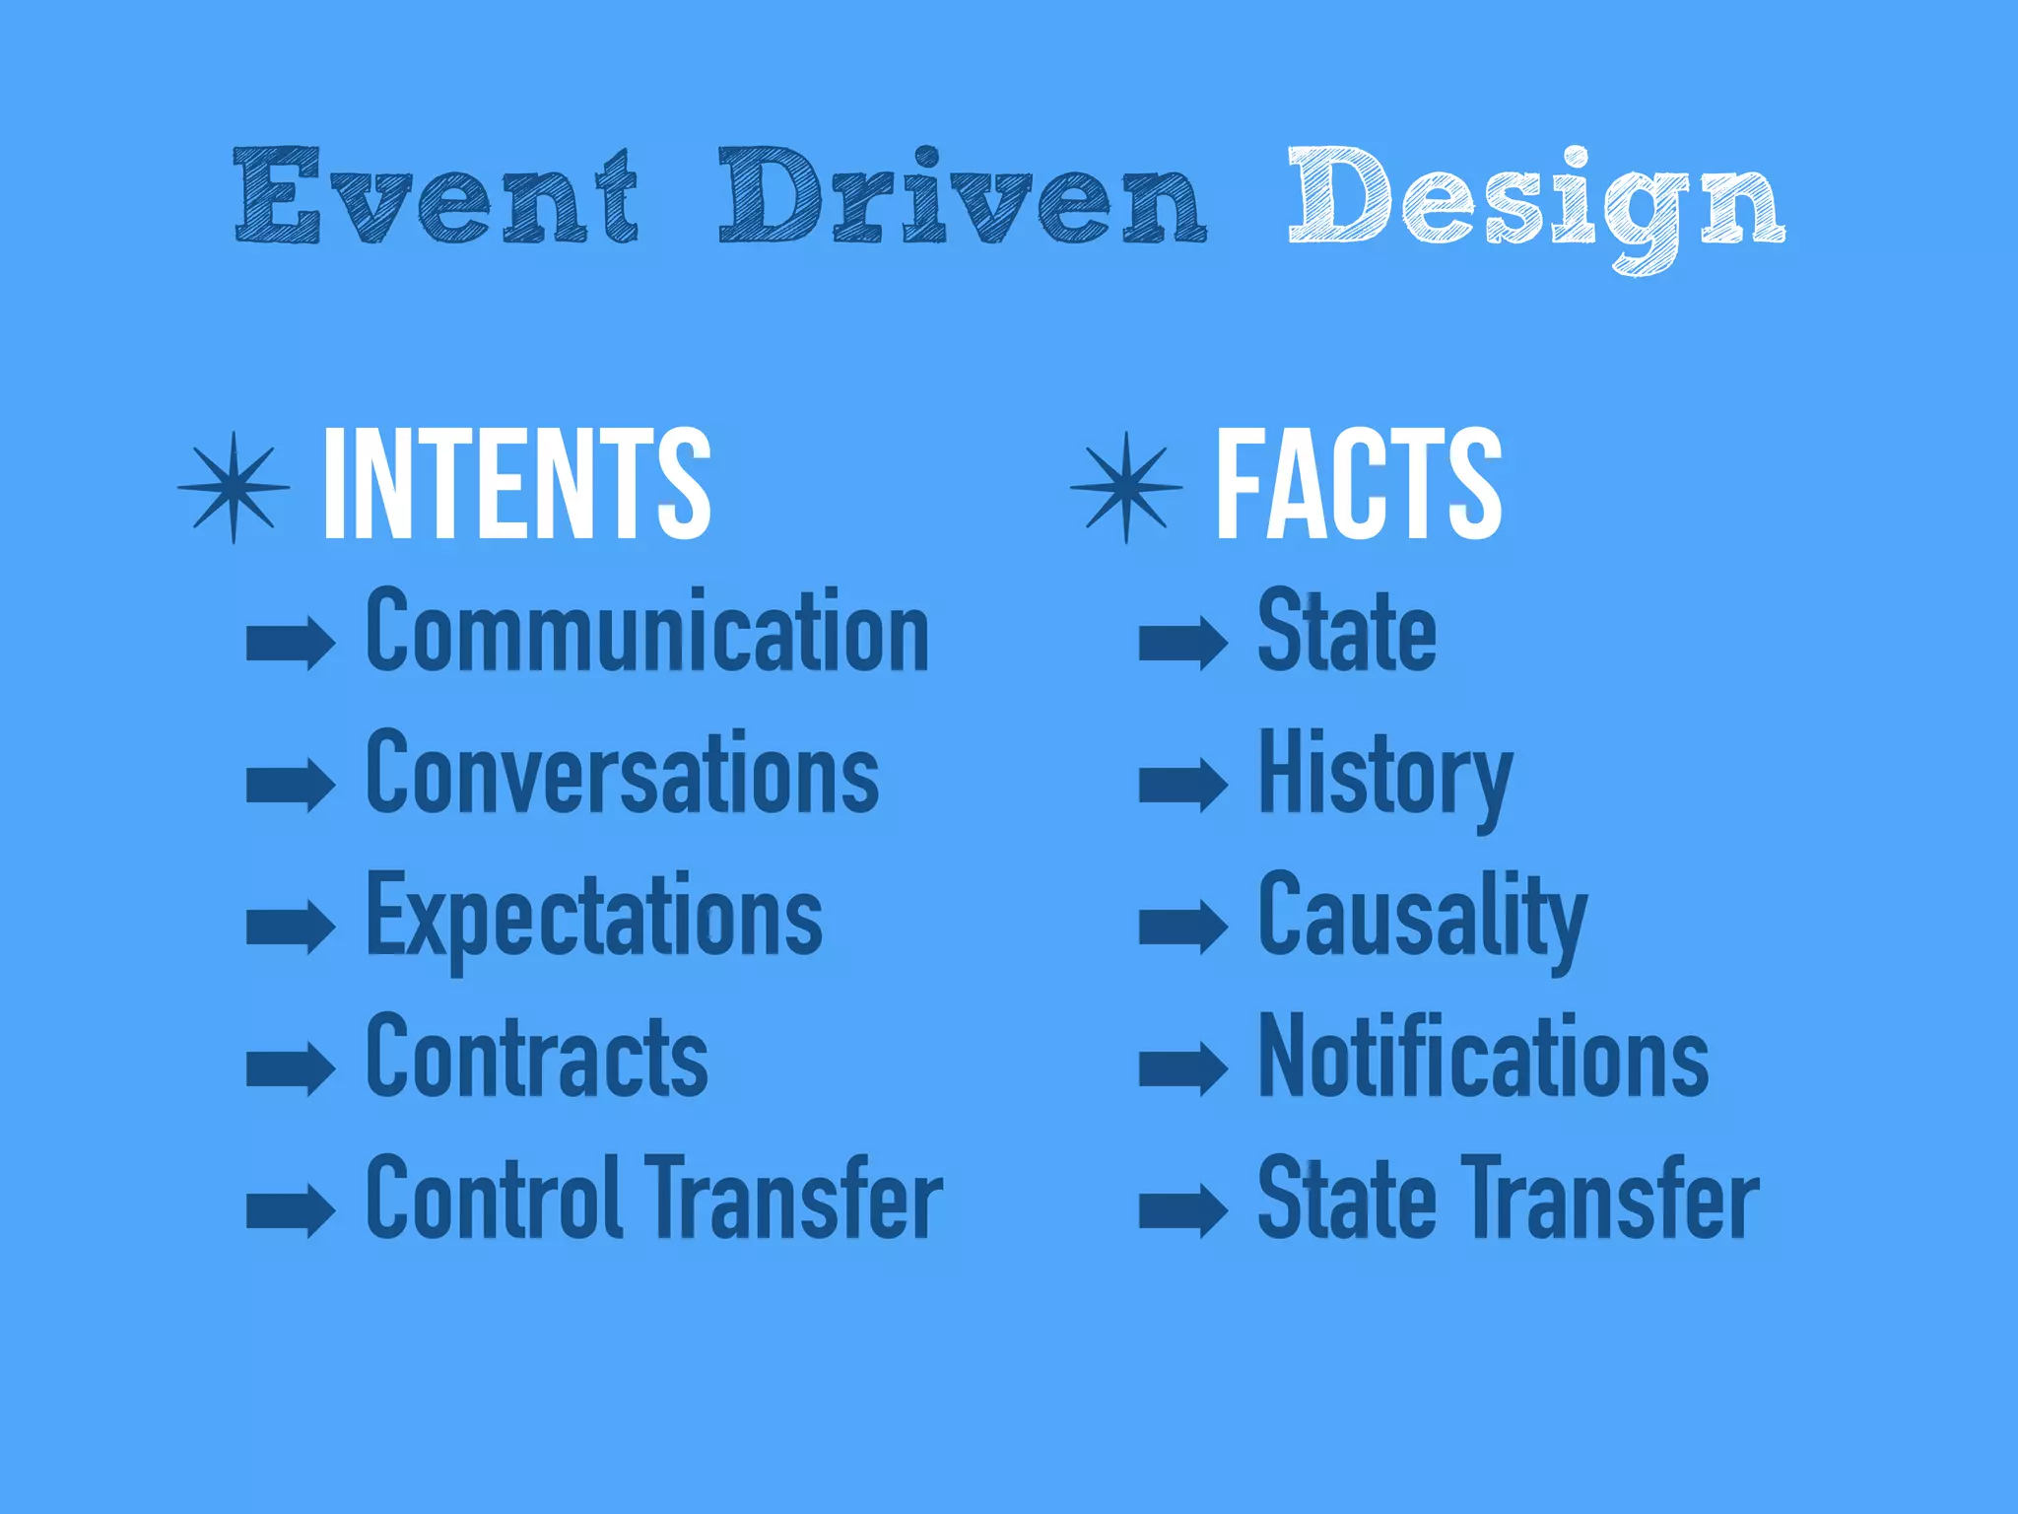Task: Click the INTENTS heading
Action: [x=516, y=484]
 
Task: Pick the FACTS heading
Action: [x=1359, y=484]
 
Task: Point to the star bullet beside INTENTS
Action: [x=234, y=487]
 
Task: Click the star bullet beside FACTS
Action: [x=1126, y=487]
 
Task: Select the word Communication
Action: [x=647, y=631]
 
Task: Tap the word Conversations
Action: [x=622, y=774]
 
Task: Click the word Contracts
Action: [x=537, y=1057]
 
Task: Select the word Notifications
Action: [x=1483, y=1057]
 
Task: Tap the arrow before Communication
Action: [x=291, y=643]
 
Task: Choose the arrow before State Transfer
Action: [x=1183, y=1210]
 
